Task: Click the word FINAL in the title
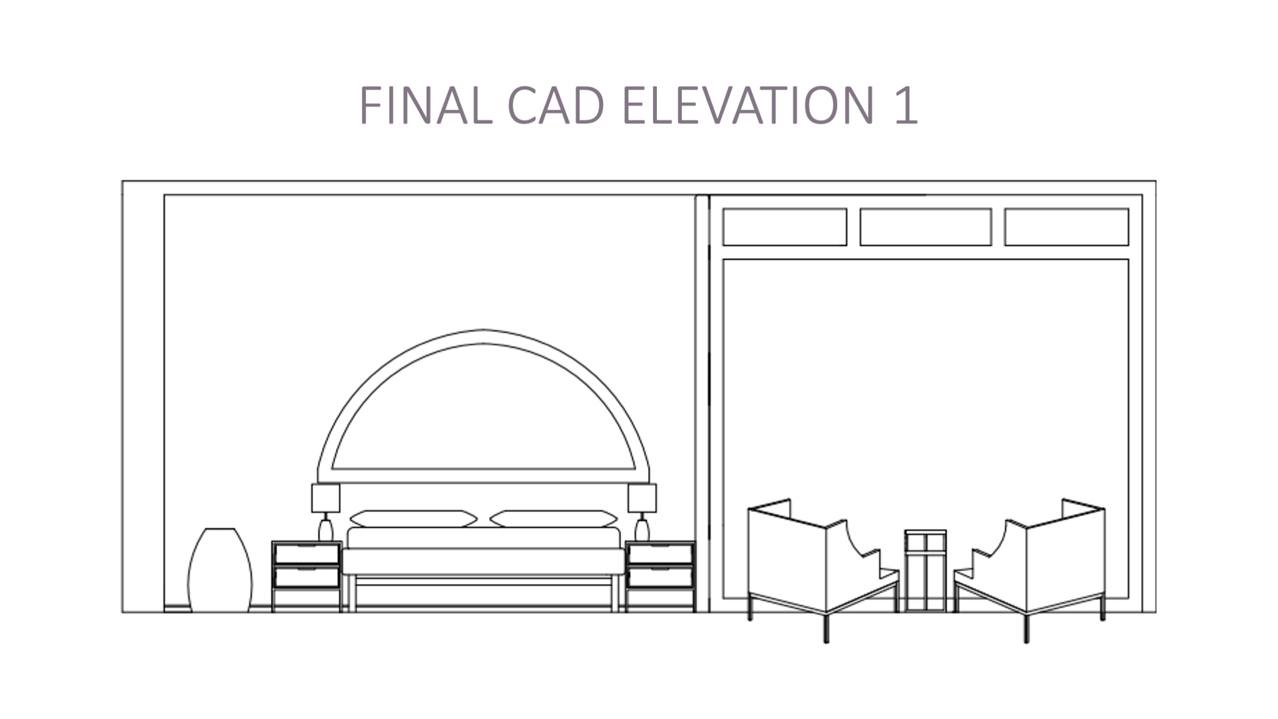[x=425, y=105]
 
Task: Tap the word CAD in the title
[x=555, y=105]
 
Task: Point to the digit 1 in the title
[x=905, y=105]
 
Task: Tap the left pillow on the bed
[x=413, y=518]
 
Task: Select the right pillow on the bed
[x=553, y=518]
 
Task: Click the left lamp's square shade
[x=326, y=498]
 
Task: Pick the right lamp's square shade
[x=642, y=498]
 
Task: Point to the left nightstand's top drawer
[x=307, y=554]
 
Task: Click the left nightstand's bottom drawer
[x=307, y=577]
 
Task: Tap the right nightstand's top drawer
[x=660, y=554]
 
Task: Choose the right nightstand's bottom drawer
[x=660, y=577]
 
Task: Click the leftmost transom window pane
[x=785, y=227]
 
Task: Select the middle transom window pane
[x=926, y=227]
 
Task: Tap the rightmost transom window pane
[x=1067, y=227]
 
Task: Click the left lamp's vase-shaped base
[x=326, y=530]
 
